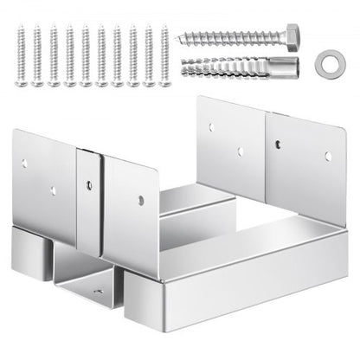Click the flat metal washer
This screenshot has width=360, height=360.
[x=326, y=64]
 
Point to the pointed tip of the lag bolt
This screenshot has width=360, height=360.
[x=180, y=40]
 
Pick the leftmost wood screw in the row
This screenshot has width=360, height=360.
[x=22, y=55]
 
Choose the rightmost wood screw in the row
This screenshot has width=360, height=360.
[x=163, y=55]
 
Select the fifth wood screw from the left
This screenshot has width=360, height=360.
[x=85, y=55]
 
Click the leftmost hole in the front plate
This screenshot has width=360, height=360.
[x=25, y=161]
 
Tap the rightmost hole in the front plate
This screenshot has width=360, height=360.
[x=140, y=201]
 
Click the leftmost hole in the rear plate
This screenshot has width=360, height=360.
[x=210, y=127]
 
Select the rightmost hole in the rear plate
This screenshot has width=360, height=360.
[x=327, y=157]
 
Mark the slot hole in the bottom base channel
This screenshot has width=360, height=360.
[x=97, y=292]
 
